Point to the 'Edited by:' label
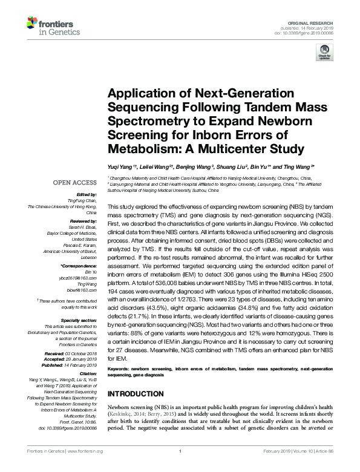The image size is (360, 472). coord(85,195)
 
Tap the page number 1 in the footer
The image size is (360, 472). coord(180,467)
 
